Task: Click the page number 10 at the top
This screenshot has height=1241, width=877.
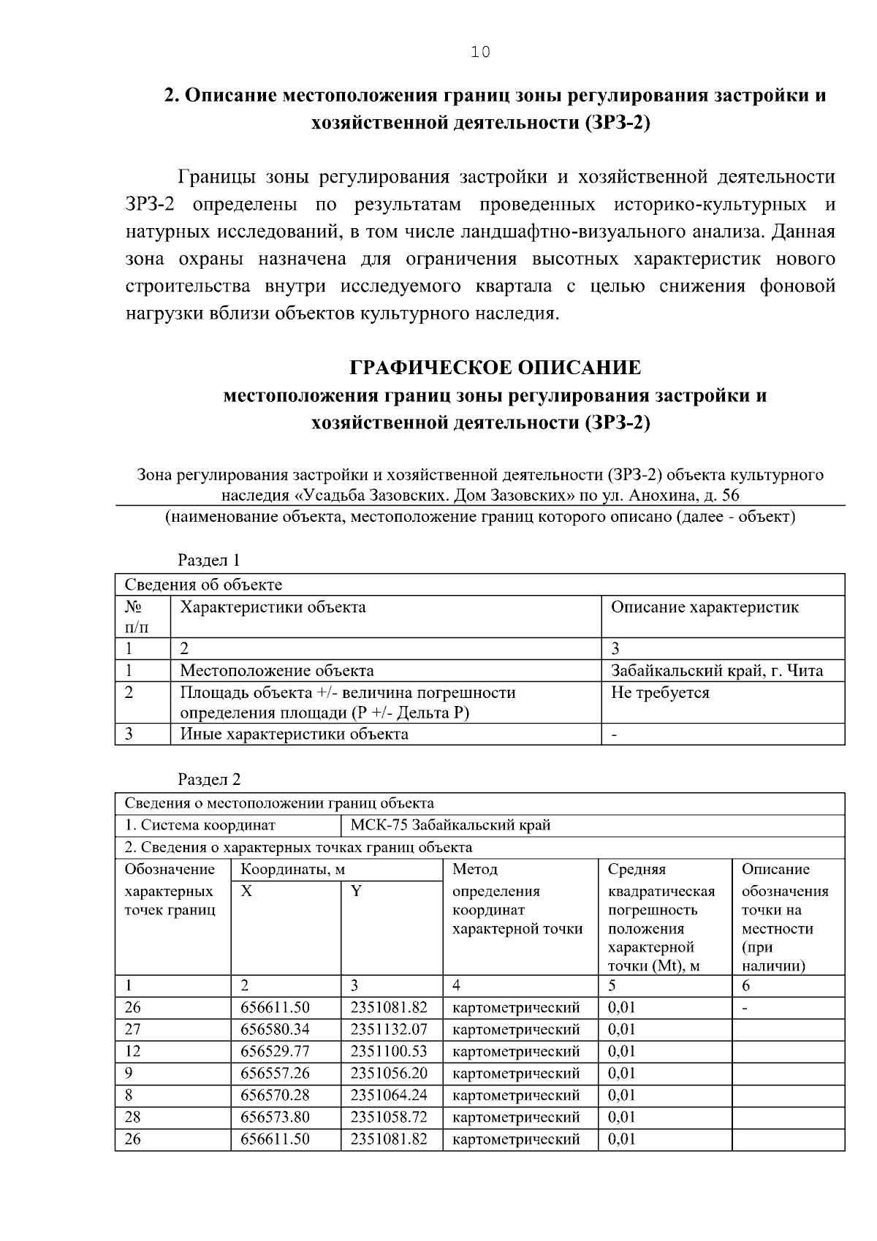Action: (481, 52)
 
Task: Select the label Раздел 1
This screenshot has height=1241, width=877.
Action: (209, 561)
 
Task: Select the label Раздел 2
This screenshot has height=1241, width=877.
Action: (209, 780)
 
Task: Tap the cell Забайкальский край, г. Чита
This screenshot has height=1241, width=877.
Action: (716, 670)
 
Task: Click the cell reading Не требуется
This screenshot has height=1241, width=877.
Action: (660, 692)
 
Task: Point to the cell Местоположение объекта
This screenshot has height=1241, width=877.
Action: (277, 670)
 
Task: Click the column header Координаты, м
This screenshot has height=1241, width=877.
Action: (293, 869)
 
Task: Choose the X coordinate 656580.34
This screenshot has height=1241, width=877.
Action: (276, 1029)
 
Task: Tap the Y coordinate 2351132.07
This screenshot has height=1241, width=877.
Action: (389, 1029)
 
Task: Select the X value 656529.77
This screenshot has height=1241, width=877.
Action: (276, 1051)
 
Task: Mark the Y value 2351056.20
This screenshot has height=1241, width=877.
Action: (389, 1073)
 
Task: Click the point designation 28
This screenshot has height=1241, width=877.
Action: (132, 1117)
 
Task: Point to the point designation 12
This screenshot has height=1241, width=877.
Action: (132, 1051)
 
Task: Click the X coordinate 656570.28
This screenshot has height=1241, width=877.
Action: (276, 1095)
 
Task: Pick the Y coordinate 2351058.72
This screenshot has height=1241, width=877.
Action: (389, 1117)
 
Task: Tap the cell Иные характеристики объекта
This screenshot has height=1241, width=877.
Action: (295, 733)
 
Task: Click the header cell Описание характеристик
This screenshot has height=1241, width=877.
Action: (705, 607)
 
